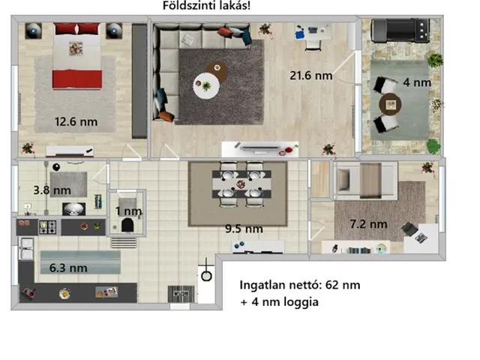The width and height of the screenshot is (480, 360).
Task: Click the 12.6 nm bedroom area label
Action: [x=76, y=121]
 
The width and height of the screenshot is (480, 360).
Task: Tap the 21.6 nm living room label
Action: [x=311, y=76]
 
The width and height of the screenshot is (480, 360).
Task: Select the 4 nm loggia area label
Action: [x=417, y=82]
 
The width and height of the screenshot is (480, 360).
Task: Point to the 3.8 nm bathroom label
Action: [x=52, y=190]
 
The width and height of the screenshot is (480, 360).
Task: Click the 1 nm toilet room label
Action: [x=128, y=211]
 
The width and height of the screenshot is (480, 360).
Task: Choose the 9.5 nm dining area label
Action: [x=244, y=229]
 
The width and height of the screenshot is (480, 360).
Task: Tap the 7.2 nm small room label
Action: [x=368, y=224]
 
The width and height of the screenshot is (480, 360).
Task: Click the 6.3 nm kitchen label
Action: [x=68, y=268]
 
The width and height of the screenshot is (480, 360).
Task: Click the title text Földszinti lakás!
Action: [x=206, y=5]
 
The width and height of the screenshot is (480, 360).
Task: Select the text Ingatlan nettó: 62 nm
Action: [x=300, y=285]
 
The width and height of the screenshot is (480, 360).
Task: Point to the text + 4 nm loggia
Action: [x=280, y=301]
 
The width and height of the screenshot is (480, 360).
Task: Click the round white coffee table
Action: [x=206, y=85]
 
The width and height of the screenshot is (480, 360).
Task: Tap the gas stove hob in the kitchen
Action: [x=47, y=227]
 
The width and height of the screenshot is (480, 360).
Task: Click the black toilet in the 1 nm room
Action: [x=127, y=225]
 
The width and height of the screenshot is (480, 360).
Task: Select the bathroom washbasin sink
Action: [x=73, y=208]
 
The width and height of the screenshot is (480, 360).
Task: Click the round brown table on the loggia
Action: [x=390, y=105]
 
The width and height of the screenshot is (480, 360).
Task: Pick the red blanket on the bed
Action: [x=77, y=79]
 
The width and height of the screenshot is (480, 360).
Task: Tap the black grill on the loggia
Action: [x=400, y=30]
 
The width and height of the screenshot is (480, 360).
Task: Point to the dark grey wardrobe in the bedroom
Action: [x=139, y=81]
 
